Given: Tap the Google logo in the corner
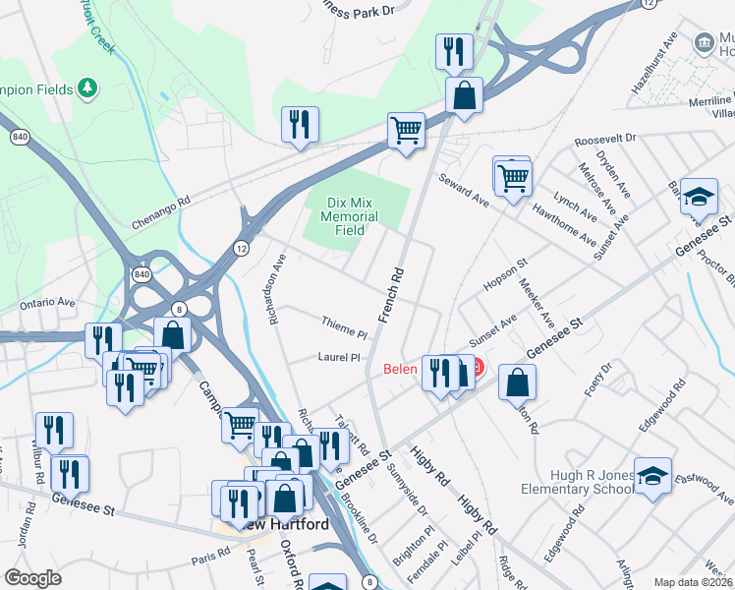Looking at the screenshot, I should (32, 577).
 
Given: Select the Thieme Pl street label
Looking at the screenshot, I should (343, 322).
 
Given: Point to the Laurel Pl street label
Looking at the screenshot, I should (340, 358).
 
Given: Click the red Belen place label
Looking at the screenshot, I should (400, 371).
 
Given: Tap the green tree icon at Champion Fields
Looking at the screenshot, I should (88, 89).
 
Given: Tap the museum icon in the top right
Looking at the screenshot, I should (704, 42).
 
